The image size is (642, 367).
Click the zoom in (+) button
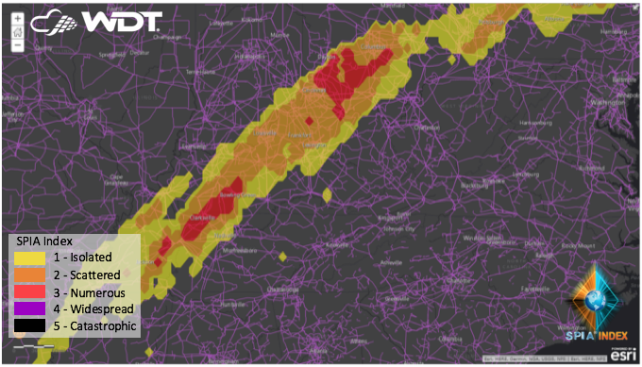(x=18, y=18)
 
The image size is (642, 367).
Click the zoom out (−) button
(x=18, y=44)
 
